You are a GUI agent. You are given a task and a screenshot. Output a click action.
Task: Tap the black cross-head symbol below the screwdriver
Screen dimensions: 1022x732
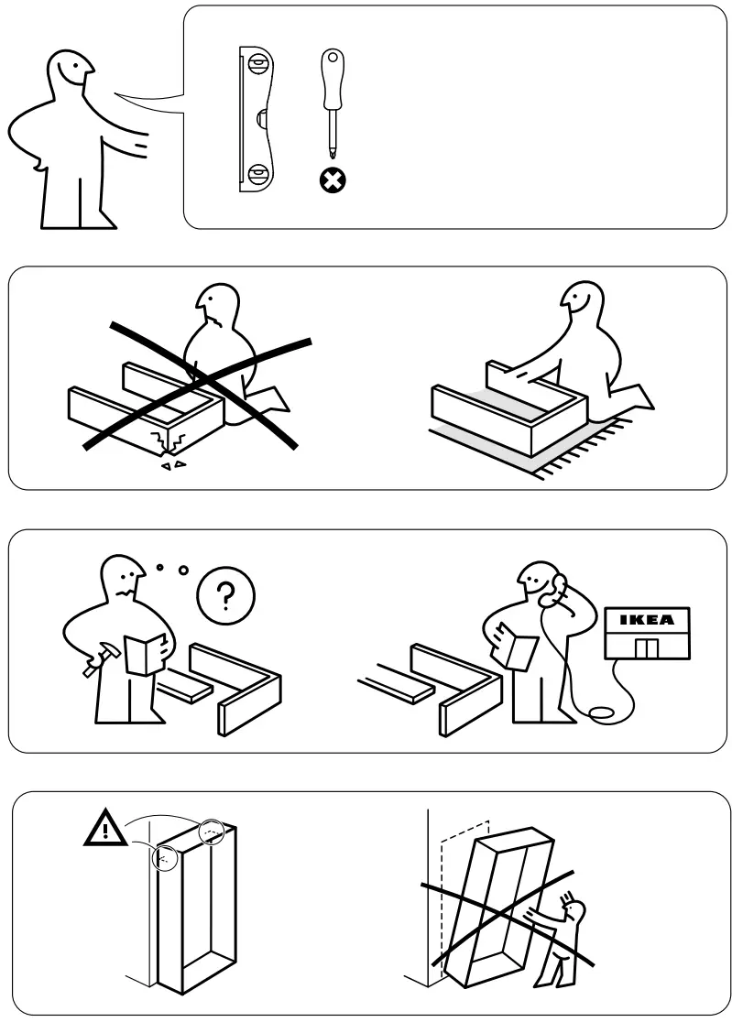pyautogui.click(x=331, y=181)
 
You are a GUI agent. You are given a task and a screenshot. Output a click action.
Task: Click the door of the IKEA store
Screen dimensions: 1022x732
pyautogui.click(x=646, y=649)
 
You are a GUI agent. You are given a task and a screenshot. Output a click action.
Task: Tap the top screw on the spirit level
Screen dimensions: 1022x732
pyautogui.click(x=259, y=66)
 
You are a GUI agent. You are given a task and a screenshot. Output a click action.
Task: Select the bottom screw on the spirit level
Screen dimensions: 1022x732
pyautogui.click(x=259, y=171)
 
